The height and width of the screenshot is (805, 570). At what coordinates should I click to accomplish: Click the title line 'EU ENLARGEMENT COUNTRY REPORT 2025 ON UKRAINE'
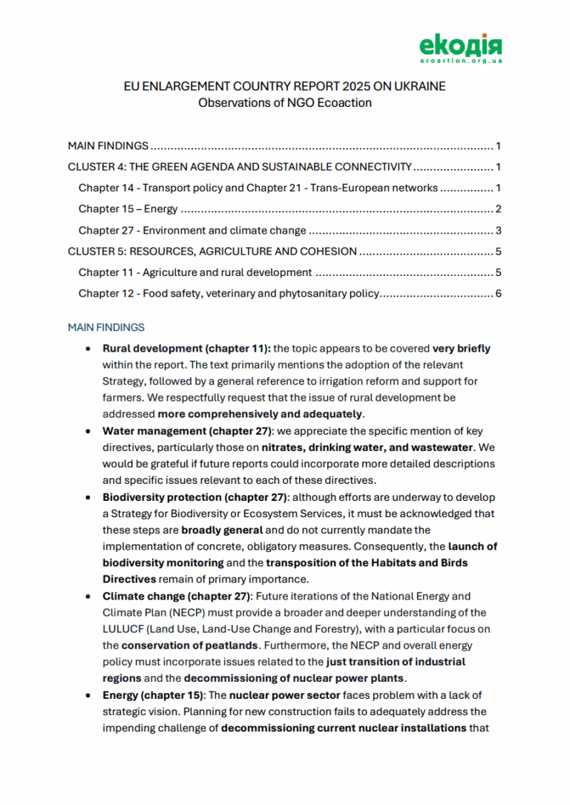[284, 87]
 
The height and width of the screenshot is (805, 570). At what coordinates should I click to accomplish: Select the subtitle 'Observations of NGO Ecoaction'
[284, 103]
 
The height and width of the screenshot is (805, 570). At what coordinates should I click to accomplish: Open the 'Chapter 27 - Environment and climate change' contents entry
[192, 231]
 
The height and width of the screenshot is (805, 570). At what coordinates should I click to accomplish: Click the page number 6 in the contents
[499, 294]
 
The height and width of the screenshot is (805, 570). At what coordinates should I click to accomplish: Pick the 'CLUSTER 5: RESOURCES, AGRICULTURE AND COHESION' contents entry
[212, 252]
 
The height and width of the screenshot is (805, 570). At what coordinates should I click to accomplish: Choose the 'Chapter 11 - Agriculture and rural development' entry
[194, 273]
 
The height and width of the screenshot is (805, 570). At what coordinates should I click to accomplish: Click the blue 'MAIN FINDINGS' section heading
[106, 327]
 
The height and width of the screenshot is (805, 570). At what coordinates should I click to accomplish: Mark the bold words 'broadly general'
[220, 530]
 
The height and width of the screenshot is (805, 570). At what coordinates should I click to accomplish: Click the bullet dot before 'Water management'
[89, 431]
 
